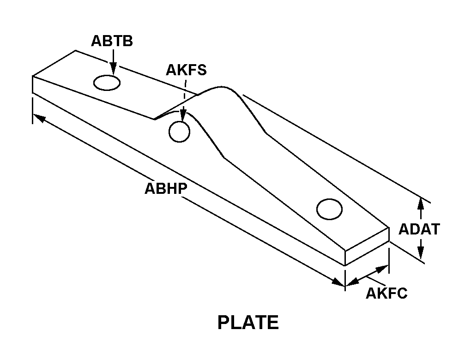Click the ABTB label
coord(112,41)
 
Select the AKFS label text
coord(186,70)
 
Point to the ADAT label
coord(419,229)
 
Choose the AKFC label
coord(386,293)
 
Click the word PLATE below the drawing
coord(248,323)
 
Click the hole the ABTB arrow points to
coord(107,83)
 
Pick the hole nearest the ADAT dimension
coord(329,209)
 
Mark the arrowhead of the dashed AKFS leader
coord(183,116)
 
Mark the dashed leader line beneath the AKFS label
coord(185,95)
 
